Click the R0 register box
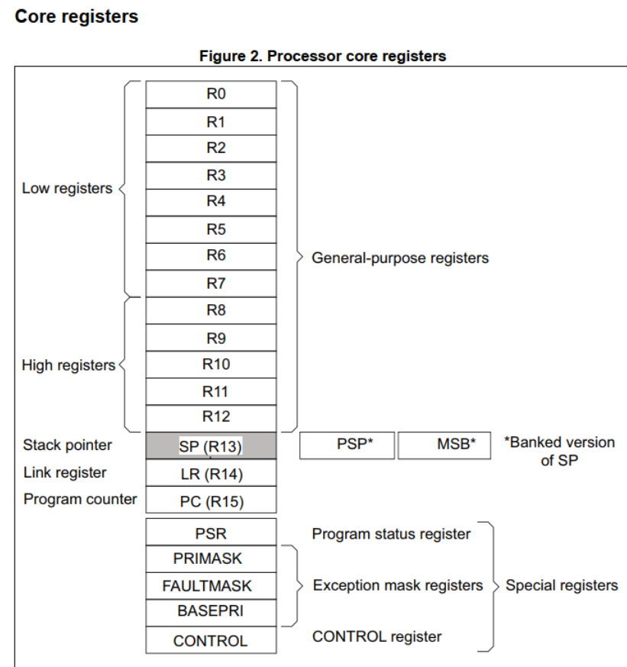211,95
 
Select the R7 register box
211,283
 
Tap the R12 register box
211,417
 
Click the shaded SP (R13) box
211,446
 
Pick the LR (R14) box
211,474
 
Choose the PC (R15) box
211,501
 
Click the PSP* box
347,445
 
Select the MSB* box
444,445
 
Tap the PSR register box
211,533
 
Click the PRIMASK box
211,559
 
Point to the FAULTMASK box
211,586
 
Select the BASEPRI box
211,613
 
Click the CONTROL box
211,641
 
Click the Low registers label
67,188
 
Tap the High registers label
68,365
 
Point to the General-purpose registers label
399,258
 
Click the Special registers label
561,586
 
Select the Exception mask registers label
398,586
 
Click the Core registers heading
76,16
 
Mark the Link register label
65,473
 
